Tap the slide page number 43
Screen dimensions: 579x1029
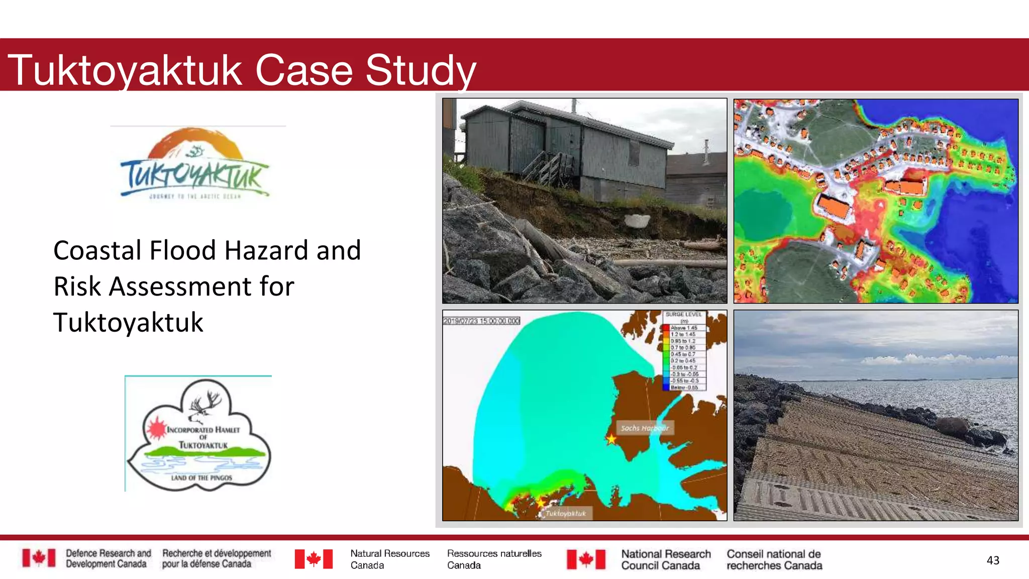pyautogui.click(x=993, y=560)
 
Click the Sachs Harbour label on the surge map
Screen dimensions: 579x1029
pyautogui.click(x=645, y=428)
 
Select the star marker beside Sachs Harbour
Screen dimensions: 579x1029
pyautogui.click(x=611, y=439)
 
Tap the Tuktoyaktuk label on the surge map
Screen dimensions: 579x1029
pyautogui.click(x=566, y=513)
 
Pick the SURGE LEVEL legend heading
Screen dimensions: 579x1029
pyautogui.click(x=683, y=315)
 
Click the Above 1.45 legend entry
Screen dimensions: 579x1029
pyautogui.click(x=684, y=328)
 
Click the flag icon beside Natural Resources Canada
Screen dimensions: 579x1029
pyautogui.click(x=314, y=559)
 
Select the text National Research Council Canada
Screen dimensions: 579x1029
pyautogui.click(x=665, y=559)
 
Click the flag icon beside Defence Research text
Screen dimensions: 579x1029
pyautogui.click(x=39, y=558)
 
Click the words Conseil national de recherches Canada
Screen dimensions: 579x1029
pyautogui.click(x=774, y=559)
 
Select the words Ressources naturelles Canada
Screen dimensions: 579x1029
pyautogui.click(x=494, y=559)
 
